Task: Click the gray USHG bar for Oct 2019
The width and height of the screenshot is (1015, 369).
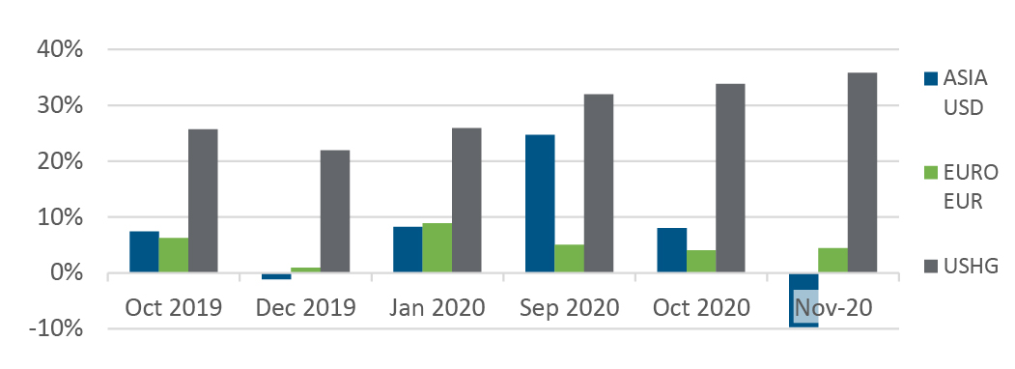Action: coord(203,201)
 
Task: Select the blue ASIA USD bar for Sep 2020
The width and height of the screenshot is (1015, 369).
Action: coord(540,203)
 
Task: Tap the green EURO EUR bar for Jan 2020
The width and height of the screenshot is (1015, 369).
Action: coord(437,248)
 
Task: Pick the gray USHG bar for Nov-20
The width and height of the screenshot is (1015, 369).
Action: coord(862,172)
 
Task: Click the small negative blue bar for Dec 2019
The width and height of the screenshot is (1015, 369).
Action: coord(276,275)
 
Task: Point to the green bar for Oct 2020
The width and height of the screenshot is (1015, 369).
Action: coord(701,262)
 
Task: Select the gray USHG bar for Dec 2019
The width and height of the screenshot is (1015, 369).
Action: coord(335,211)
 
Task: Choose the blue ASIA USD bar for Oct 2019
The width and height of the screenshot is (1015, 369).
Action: coord(144,252)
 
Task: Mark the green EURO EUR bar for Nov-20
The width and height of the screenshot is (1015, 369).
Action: coord(832,260)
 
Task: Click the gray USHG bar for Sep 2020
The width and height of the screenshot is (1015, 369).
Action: coord(599,184)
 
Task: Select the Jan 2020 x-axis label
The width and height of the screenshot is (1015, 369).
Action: coord(437,307)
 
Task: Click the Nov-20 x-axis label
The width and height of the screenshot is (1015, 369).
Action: coord(833,307)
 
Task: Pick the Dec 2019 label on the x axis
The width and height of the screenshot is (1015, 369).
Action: coord(305,307)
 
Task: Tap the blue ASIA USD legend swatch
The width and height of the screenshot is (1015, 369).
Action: coord(930,79)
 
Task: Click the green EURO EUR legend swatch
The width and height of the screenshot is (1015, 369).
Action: coord(930,173)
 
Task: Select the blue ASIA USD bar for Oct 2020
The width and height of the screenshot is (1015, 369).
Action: coord(672,250)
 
